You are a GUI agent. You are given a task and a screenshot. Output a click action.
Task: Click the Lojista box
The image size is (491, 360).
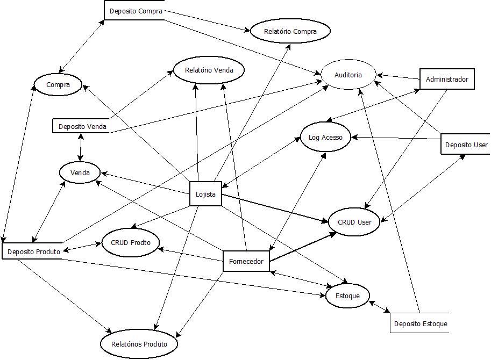click(x=205, y=194)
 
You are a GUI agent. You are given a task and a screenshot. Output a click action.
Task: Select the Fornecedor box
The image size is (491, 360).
click(x=246, y=262)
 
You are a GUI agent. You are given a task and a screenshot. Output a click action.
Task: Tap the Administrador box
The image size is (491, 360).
click(x=446, y=80)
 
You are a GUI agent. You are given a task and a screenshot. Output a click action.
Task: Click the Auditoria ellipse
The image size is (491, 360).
click(x=348, y=75)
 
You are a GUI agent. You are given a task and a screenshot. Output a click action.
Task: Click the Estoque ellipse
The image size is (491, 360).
click(x=347, y=295)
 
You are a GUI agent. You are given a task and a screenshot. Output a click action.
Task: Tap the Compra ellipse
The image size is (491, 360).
click(x=58, y=84)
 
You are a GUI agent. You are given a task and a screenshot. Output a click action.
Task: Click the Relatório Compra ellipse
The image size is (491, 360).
click(x=290, y=31)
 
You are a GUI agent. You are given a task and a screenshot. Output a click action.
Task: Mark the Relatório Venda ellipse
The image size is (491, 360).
click(x=209, y=70)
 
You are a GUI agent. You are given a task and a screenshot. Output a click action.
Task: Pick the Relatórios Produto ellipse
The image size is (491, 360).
click(x=139, y=344)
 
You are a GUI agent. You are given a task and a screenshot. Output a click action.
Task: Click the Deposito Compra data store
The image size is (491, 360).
click(x=134, y=11)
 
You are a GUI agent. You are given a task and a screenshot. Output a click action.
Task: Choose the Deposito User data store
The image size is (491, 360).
click(x=466, y=145)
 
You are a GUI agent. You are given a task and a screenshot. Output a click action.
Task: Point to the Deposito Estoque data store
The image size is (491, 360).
click(x=420, y=323)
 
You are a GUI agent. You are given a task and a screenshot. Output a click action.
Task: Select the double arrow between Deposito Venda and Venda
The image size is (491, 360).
click(x=80, y=147)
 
